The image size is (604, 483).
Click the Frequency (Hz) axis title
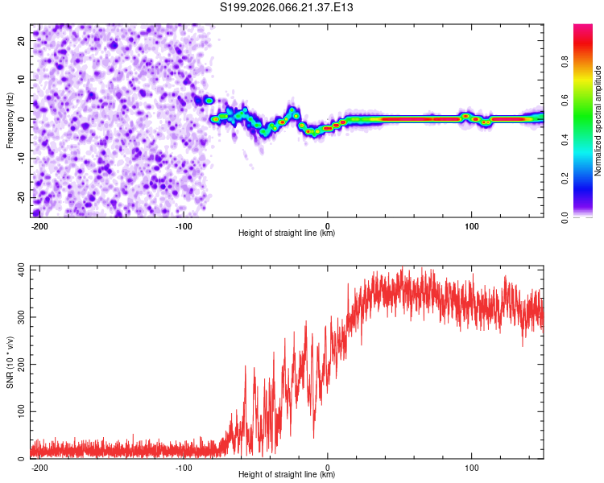[10, 120]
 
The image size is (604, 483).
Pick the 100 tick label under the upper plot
[471, 225]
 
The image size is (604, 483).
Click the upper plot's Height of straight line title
[287, 233]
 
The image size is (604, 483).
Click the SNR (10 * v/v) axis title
[10, 365]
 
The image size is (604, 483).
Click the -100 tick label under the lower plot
[184, 466]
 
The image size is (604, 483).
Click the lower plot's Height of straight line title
[287, 475]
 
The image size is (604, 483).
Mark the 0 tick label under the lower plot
[328, 466]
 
